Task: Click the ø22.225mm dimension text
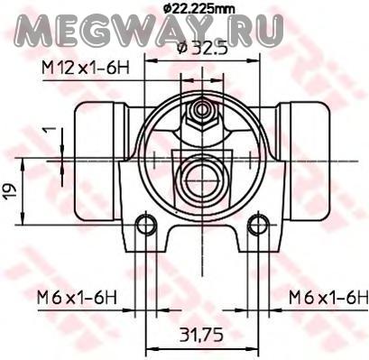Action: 198,8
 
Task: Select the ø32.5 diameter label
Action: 202,47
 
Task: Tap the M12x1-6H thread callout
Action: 86,69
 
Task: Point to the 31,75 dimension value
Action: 202,335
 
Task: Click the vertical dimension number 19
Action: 10,191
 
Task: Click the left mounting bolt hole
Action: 146,224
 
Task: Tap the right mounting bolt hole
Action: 258,224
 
